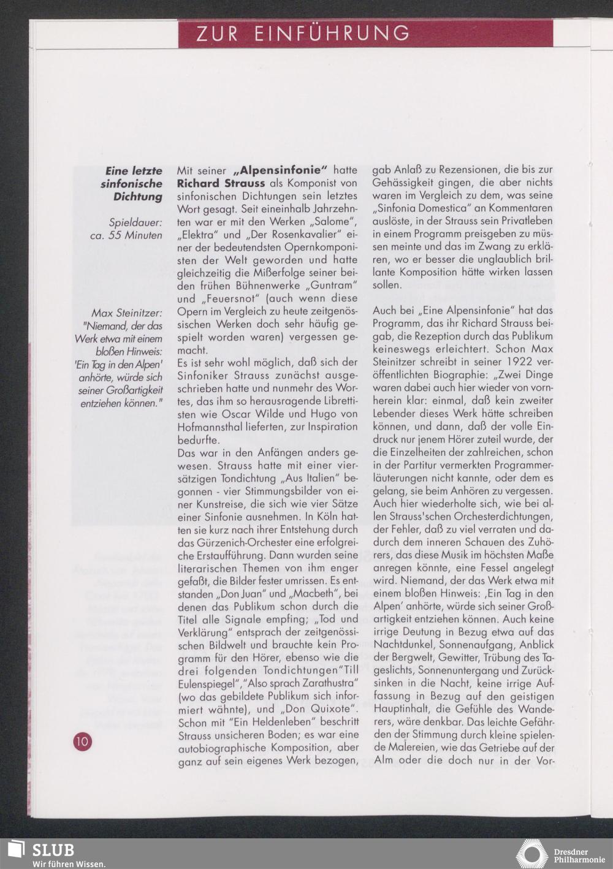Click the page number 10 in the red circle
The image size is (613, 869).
[x=82, y=742]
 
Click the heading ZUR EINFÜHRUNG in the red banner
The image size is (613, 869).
[x=303, y=33]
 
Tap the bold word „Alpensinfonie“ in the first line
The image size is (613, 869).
[x=281, y=170]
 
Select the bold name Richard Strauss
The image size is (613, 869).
[x=221, y=183]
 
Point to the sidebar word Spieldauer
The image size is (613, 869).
[x=135, y=222]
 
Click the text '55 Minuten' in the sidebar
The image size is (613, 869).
[x=135, y=235]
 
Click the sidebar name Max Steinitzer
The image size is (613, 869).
[x=127, y=313]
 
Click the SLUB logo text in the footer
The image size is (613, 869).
[x=53, y=850]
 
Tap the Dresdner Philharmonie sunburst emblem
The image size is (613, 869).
[x=531, y=854]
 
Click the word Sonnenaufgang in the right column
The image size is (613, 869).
[x=484, y=645]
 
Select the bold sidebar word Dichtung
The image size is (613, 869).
[x=138, y=197]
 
